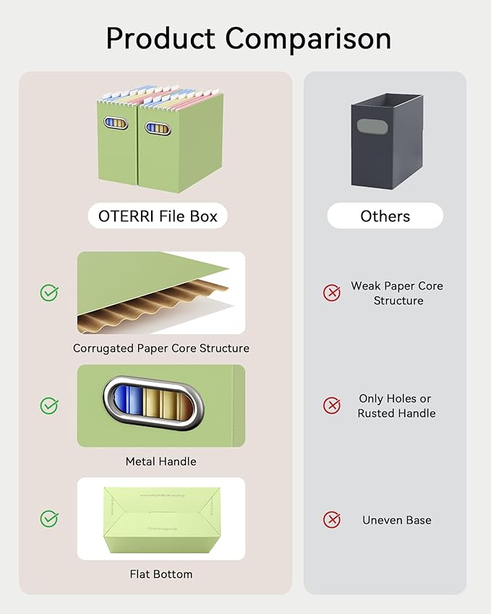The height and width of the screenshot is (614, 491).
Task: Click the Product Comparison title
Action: click(x=248, y=38)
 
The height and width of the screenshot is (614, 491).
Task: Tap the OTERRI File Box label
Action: click(x=158, y=216)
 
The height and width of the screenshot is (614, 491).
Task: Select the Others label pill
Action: click(x=385, y=216)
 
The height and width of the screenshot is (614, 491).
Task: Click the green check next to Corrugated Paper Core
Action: click(x=49, y=293)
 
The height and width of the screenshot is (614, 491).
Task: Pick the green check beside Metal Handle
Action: click(x=49, y=406)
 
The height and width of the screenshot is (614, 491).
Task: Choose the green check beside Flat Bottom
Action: click(x=49, y=519)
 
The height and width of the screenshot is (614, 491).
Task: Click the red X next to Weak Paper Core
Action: click(x=331, y=293)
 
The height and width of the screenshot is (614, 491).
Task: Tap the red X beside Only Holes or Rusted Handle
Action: click(x=331, y=406)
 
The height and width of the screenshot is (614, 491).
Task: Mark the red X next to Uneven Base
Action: click(x=331, y=519)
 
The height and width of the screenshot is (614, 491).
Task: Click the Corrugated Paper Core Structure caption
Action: click(x=161, y=348)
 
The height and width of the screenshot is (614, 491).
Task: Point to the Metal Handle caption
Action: click(x=161, y=461)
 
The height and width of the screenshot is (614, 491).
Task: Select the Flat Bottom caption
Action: click(x=161, y=574)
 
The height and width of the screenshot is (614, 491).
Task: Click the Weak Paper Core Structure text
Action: click(x=397, y=293)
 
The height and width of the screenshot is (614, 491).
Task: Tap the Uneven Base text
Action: click(x=397, y=520)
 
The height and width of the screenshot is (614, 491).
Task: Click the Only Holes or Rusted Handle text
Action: click(x=396, y=406)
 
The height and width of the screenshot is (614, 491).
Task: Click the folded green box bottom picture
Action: click(x=161, y=519)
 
